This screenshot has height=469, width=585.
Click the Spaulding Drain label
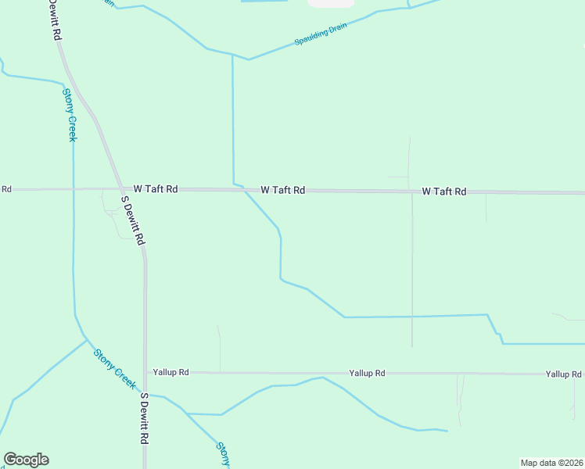320,35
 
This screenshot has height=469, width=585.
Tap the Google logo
26,460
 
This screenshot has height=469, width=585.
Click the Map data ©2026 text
551,463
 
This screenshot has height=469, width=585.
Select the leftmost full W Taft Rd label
156,189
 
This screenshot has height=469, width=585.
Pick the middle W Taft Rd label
282,190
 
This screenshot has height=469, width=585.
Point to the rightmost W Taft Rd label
443,192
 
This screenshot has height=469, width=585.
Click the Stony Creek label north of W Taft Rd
69,114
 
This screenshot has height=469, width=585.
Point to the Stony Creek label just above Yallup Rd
115,368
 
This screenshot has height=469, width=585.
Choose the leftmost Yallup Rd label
171,373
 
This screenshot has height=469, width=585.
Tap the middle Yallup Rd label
367,374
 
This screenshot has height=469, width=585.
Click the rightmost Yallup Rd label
563,374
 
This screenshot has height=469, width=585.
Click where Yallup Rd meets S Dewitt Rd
145,373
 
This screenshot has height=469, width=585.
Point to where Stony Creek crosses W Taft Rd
74,189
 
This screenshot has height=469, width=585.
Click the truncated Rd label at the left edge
5,189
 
